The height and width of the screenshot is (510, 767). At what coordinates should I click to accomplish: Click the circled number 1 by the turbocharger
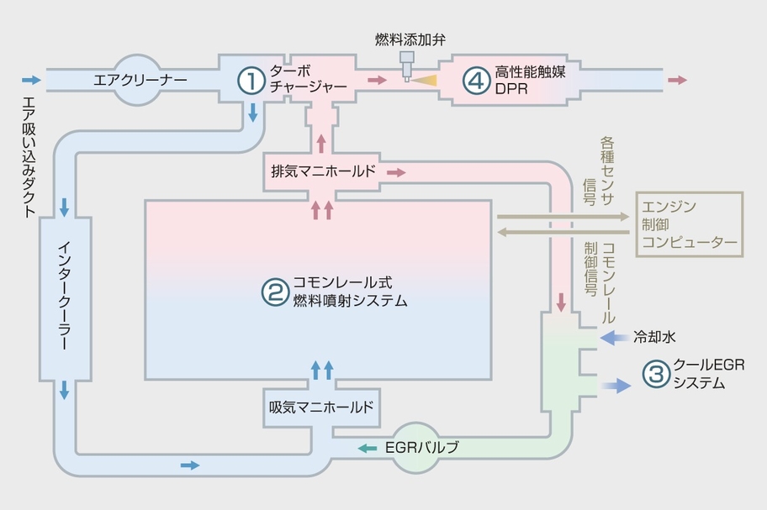250,81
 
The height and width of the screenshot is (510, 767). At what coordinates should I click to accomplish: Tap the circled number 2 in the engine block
274,292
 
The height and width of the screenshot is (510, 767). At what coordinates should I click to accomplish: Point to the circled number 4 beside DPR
475,81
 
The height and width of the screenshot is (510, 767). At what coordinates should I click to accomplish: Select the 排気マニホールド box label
324,171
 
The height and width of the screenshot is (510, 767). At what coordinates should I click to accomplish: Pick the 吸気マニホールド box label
320,407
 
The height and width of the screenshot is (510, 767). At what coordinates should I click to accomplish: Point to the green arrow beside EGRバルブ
367,449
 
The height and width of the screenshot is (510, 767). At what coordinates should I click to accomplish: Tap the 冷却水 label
655,337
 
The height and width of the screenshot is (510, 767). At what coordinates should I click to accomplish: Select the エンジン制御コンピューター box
690,224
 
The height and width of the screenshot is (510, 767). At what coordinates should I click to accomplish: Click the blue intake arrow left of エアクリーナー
31,80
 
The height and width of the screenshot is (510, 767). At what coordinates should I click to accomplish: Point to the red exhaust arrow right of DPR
677,80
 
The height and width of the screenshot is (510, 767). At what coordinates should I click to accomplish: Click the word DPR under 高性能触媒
512,91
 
